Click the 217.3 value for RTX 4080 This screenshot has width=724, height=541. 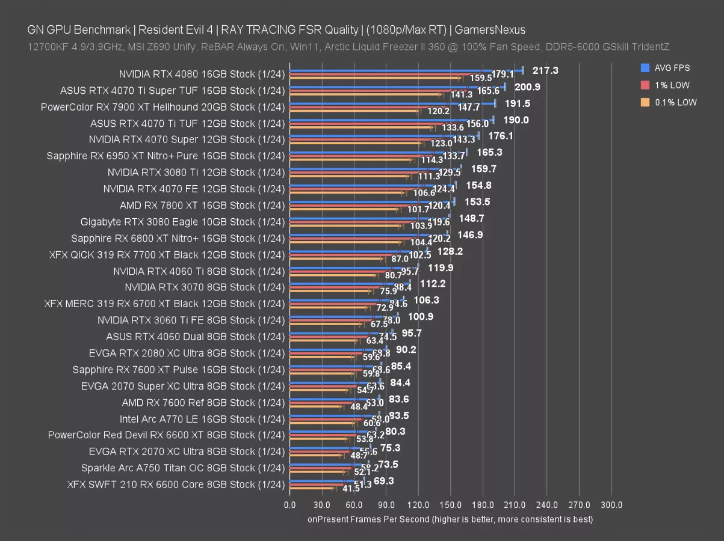(545, 70)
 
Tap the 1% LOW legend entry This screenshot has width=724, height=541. (671, 85)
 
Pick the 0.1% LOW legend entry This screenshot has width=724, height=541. (674, 102)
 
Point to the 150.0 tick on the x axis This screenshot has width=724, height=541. (451, 505)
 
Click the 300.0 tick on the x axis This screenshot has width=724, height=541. (611, 505)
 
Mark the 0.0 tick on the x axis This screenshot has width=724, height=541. (289, 505)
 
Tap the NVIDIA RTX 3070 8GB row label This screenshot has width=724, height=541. (205, 287)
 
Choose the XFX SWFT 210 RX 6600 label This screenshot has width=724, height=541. (176, 484)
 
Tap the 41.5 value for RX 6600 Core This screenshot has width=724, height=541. (335, 489)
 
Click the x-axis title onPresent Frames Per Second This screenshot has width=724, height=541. (450, 519)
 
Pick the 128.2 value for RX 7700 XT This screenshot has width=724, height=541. (450, 251)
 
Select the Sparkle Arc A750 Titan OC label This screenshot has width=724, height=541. (183, 468)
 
